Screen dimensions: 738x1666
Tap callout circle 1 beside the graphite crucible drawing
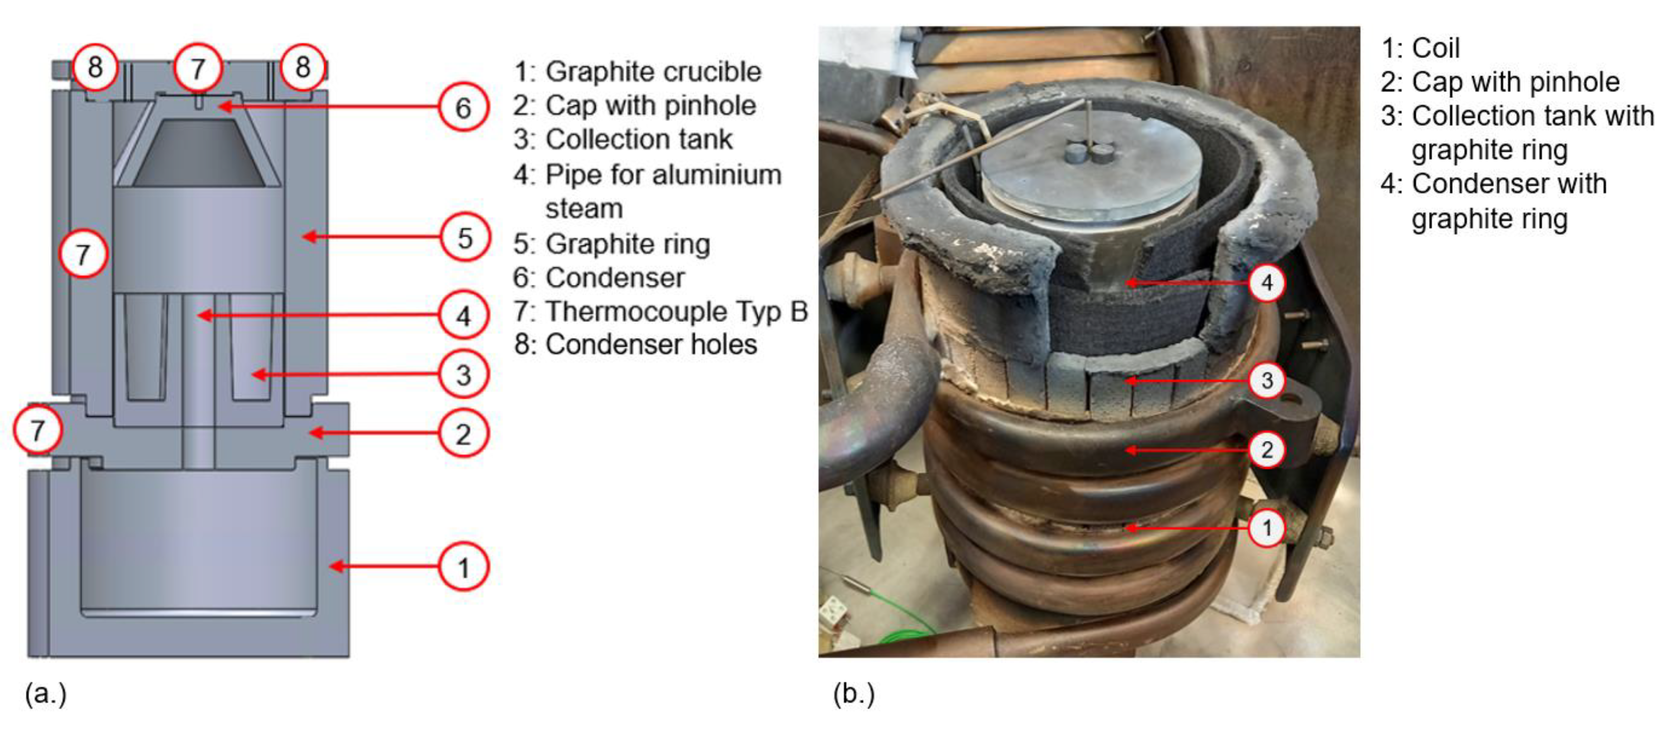click(x=463, y=567)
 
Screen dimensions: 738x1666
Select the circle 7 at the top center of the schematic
click(x=199, y=67)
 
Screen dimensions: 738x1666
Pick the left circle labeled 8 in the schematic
click(x=95, y=67)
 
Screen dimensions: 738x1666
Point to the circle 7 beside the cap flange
click(x=38, y=430)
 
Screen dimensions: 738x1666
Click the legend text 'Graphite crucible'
click(x=653, y=72)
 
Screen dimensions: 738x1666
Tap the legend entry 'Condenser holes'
click(x=651, y=345)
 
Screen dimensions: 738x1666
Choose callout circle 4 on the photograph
click(x=1266, y=282)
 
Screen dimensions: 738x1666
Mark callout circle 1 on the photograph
click(x=1266, y=528)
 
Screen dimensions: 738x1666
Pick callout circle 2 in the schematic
click(x=463, y=433)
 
